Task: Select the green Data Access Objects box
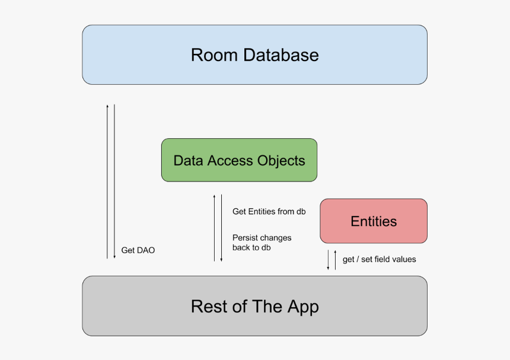click(x=239, y=160)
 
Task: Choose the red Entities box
click(x=374, y=221)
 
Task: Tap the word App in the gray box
click(x=303, y=307)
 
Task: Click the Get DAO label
click(x=138, y=250)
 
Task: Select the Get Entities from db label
click(x=269, y=211)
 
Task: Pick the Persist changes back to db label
click(x=262, y=243)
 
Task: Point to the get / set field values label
click(x=380, y=259)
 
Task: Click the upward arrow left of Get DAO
click(x=107, y=181)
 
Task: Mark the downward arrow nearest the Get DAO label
click(x=114, y=181)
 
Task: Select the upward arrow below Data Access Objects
click(x=215, y=228)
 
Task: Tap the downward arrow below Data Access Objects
click(x=221, y=228)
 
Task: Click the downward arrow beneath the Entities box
click(x=328, y=260)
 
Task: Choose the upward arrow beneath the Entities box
click(x=335, y=260)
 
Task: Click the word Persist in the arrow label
click(x=245, y=238)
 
